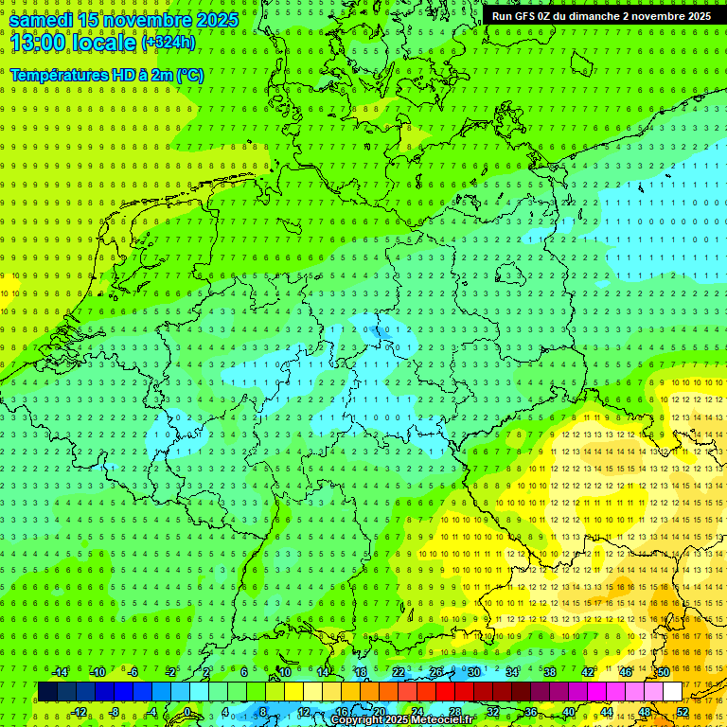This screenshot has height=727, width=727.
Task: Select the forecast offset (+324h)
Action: tap(168, 43)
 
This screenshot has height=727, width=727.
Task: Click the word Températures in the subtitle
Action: tap(56, 75)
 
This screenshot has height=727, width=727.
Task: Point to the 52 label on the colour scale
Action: tap(683, 712)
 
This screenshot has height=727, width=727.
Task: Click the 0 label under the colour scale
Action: tap(187, 712)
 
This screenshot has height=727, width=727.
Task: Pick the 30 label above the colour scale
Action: tap(473, 672)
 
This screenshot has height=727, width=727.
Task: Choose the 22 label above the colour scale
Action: tap(399, 672)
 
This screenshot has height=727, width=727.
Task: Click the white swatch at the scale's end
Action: tap(672, 691)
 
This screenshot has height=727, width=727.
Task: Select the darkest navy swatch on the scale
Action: tap(47, 691)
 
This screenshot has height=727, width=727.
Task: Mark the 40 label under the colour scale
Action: tap(569, 712)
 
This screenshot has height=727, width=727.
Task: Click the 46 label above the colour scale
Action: tap(625, 672)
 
